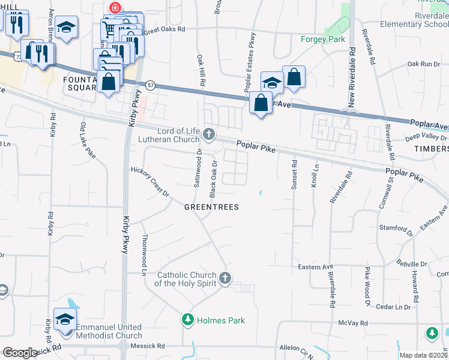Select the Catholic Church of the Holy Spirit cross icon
[x=225, y=278]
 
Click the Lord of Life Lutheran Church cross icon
[x=208, y=133]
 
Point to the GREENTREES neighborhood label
[x=211, y=207]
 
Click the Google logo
[x=20, y=353]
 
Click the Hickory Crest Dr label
[x=151, y=181]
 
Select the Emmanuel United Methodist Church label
[x=109, y=332]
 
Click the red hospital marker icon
[x=113, y=8]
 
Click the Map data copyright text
[x=423, y=355]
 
